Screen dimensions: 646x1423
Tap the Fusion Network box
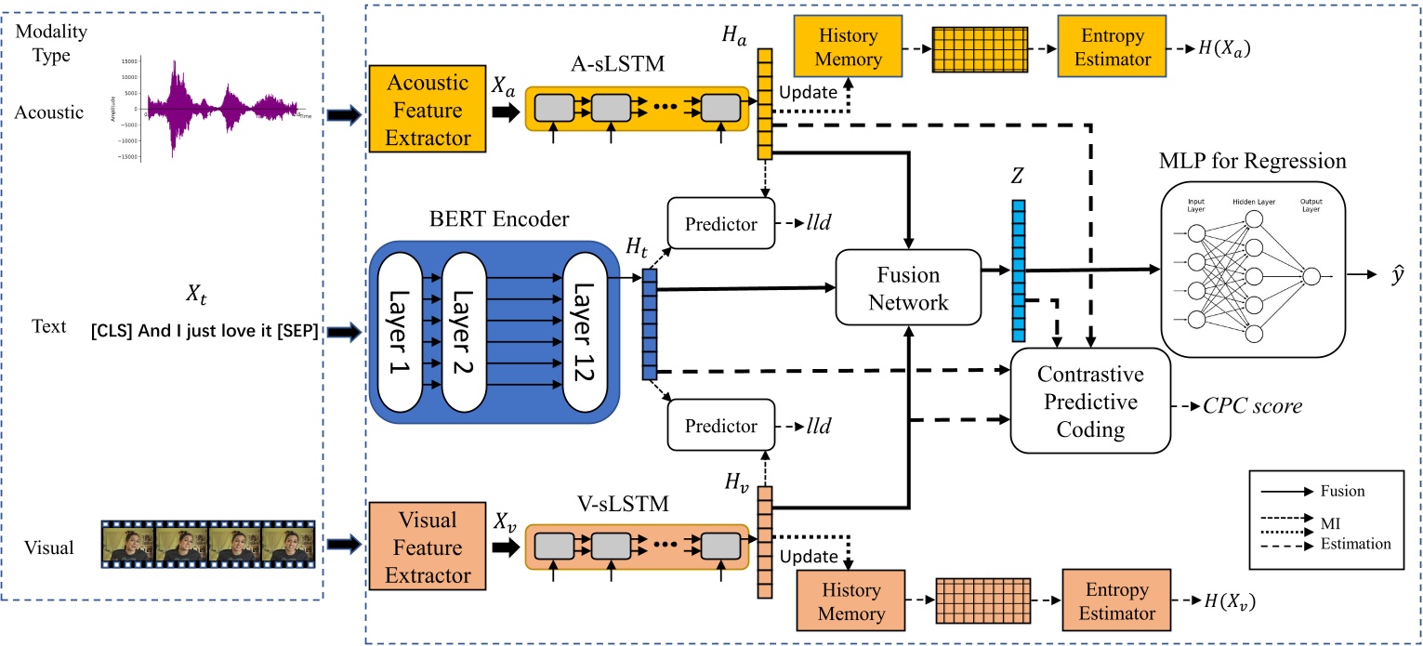coord(909,288)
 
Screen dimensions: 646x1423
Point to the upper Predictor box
coord(720,225)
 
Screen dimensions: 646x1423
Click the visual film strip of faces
coord(208,544)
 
